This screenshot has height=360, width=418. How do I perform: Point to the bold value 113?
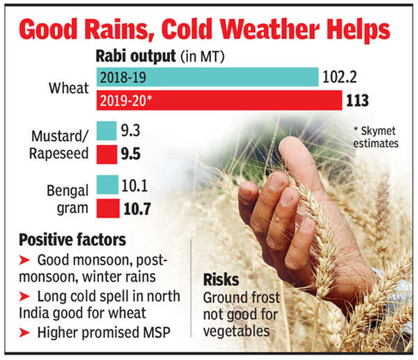(357, 100)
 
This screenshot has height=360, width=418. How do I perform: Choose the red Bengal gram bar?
(107, 207)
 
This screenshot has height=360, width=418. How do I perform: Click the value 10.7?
(137, 207)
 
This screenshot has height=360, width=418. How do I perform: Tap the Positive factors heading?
(72, 240)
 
